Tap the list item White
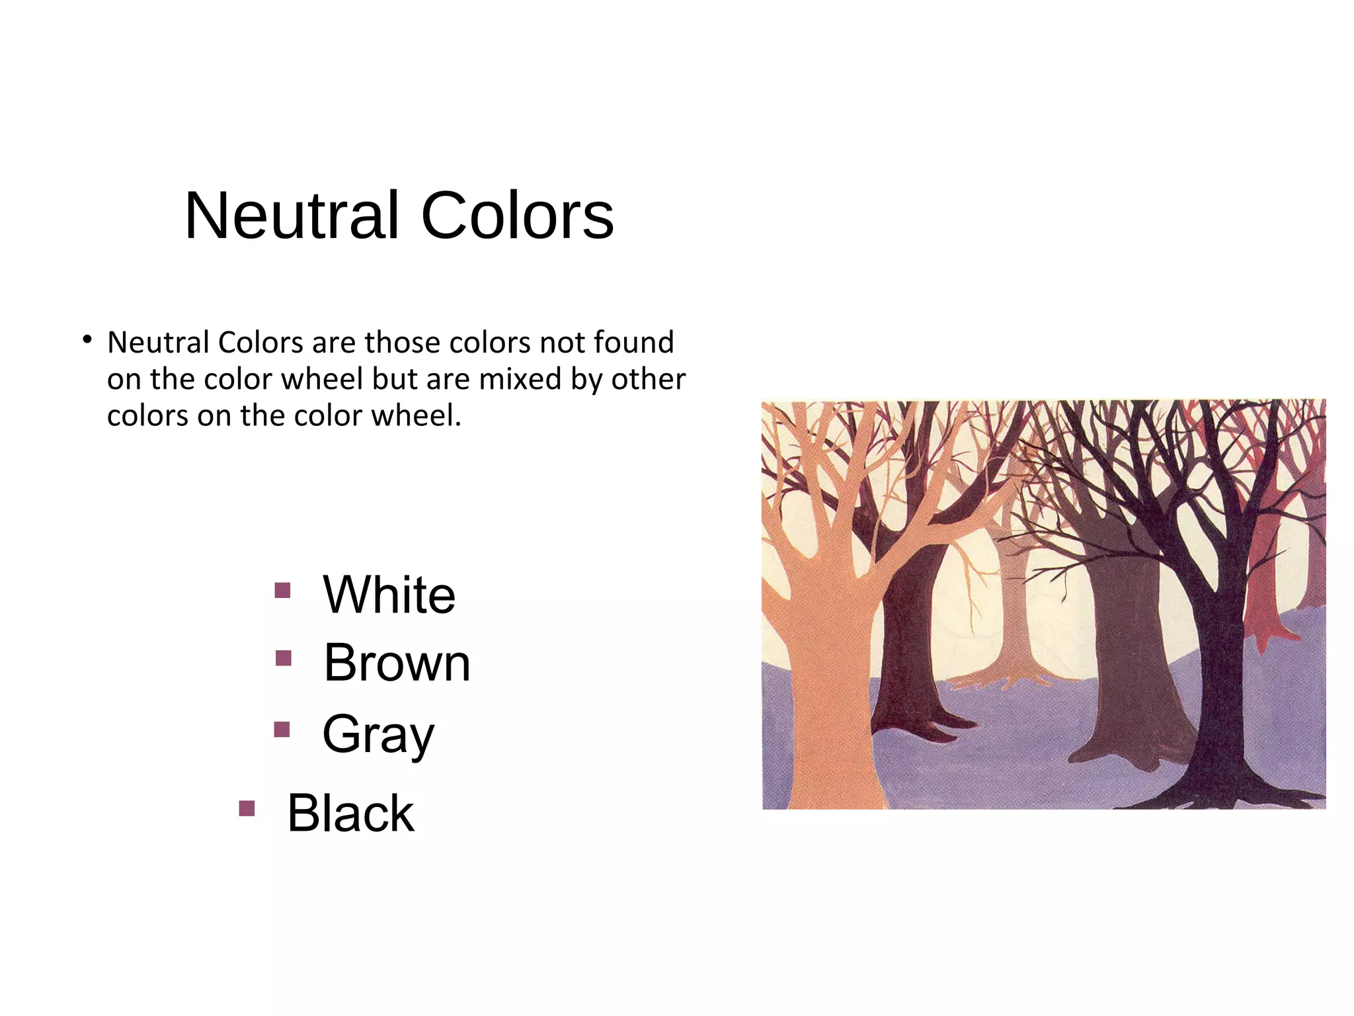[389, 595]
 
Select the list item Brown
[397, 663]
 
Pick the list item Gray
[378, 734]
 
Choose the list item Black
[350, 814]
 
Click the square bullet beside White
[282, 590]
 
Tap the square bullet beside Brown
[284, 658]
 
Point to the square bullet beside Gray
[282, 729]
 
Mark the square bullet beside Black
[247, 808]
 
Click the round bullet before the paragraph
[87, 340]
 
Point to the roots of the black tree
[1223, 794]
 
